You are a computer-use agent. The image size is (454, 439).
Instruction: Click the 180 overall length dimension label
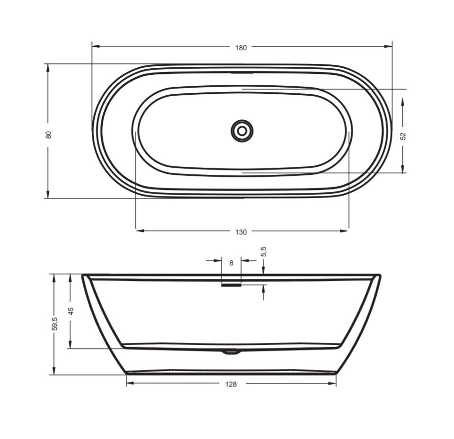tap(241, 48)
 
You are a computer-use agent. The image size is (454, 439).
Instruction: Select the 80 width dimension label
tap(48, 134)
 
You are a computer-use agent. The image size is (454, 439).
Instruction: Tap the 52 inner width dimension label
tap(403, 136)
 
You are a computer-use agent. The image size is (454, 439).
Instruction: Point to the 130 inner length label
tap(241, 232)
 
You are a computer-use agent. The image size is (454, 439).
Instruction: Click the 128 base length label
tap(231, 384)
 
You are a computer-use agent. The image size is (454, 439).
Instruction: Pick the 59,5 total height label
tap(55, 324)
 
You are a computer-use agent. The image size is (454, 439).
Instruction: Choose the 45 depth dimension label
tap(71, 311)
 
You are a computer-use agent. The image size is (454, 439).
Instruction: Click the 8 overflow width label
tap(231, 263)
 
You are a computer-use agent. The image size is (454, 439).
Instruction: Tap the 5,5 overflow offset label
tap(264, 251)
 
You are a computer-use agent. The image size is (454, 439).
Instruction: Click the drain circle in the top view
tap(242, 131)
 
